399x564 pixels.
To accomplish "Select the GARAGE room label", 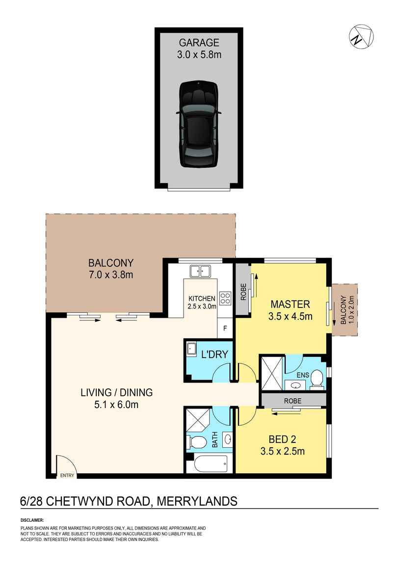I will tap(199, 43).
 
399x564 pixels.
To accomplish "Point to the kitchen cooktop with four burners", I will tap(225, 298).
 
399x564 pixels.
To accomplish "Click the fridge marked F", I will tap(225, 328).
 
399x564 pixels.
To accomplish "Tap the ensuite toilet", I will tap(317, 378).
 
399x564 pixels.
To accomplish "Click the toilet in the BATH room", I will tap(197, 441).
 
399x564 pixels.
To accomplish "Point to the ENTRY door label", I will tap(67, 475).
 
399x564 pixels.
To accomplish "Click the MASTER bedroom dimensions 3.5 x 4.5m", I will tap(291, 316).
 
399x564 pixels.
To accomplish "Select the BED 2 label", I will tap(282, 438).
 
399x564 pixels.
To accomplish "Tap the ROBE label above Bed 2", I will tap(293, 401).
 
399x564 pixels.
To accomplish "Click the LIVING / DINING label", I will tap(117, 392).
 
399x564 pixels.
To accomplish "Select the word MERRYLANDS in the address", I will tap(197, 501).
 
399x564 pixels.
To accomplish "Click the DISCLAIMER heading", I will tap(32, 520).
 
